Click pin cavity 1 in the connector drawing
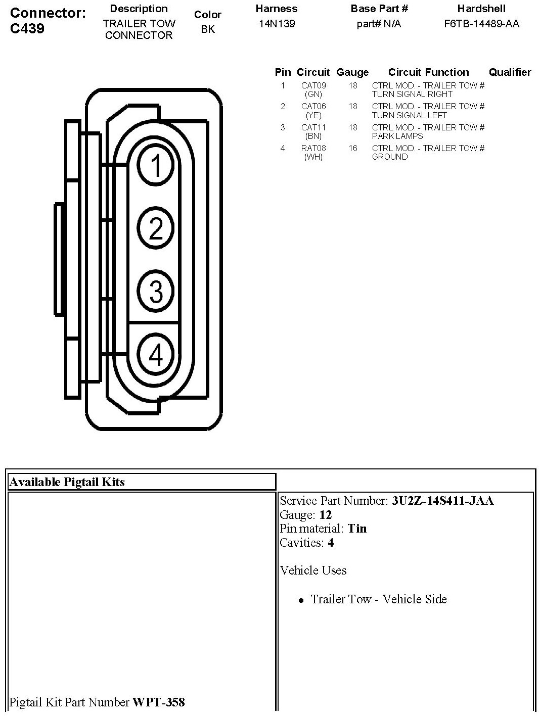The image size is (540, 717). [x=156, y=165]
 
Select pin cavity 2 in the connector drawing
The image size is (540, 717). [x=156, y=228]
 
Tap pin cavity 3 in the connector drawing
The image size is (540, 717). [x=156, y=291]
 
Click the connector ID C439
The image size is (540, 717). [x=27, y=28]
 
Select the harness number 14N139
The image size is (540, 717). [x=277, y=24]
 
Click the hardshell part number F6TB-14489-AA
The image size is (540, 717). [x=481, y=24]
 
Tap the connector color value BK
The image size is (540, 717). [x=207, y=29]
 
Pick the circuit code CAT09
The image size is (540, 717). [x=313, y=85]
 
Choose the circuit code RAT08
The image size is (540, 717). [x=313, y=148]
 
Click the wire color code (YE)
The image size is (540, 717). [x=313, y=115]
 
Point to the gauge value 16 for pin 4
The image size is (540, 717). [x=352, y=148]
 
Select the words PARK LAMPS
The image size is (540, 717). [x=397, y=136]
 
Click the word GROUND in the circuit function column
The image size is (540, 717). [x=390, y=157]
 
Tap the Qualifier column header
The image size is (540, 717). [x=510, y=72]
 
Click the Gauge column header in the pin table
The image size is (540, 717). [x=352, y=72]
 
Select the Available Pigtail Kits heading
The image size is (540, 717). [x=67, y=482]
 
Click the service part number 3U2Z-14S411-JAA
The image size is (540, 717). [x=442, y=501]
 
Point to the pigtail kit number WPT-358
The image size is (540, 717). [x=158, y=702]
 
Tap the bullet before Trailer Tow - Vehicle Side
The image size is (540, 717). [x=301, y=600]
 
